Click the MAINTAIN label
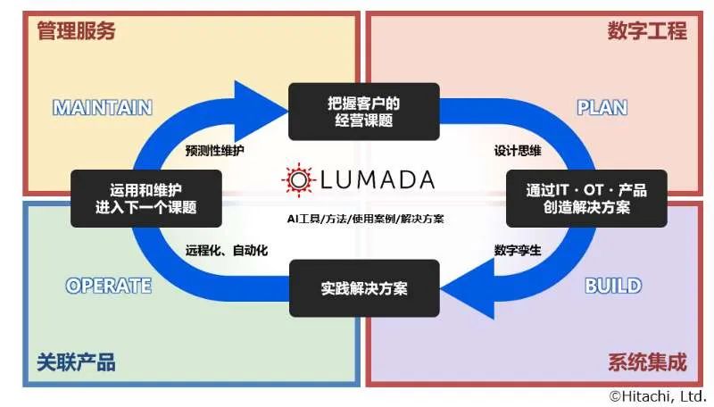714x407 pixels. pyautogui.click(x=103, y=108)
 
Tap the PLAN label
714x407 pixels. pyautogui.click(x=602, y=108)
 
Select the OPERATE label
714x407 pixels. pyautogui.click(x=108, y=286)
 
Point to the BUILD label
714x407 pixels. pyautogui.click(x=613, y=286)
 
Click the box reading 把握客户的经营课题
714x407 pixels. pyautogui.click(x=364, y=112)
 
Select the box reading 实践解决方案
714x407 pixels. pyautogui.click(x=364, y=288)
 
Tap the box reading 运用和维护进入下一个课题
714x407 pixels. pyautogui.click(x=146, y=198)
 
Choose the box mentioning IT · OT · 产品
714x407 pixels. pyautogui.click(x=586, y=198)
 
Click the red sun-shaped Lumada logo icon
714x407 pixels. pyautogui.click(x=299, y=179)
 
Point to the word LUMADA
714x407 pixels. pyautogui.click(x=378, y=179)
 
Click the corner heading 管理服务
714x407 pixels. pyautogui.click(x=76, y=31)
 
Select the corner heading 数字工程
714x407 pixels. pyautogui.click(x=647, y=31)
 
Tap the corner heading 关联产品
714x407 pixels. pyautogui.click(x=76, y=362)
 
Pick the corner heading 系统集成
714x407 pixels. pyautogui.click(x=647, y=362)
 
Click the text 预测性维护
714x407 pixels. pyautogui.click(x=214, y=151)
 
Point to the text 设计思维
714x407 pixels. pyautogui.click(x=518, y=151)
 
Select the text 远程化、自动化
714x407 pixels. pyautogui.click(x=227, y=251)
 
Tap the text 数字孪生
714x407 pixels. pyautogui.click(x=518, y=251)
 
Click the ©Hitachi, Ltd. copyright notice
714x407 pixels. pyautogui.click(x=658, y=396)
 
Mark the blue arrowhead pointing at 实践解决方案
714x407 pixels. pyautogui.click(x=471, y=288)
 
